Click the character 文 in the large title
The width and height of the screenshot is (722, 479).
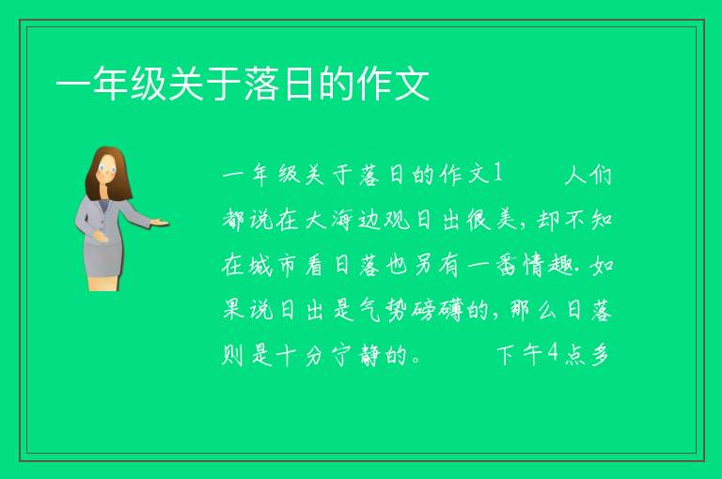(x=411, y=84)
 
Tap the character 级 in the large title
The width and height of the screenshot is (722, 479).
(x=149, y=84)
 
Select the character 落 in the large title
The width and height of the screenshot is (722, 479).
(x=261, y=84)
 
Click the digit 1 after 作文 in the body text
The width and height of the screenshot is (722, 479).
(x=497, y=174)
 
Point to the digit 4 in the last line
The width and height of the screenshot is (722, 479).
(x=552, y=353)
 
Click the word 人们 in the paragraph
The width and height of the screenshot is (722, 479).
(x=589, y=175)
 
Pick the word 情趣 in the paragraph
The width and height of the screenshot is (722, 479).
(x=548, y=265)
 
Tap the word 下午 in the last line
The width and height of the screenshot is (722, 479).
(x=519, y=355)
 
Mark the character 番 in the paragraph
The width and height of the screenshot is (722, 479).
(x=507, y=265)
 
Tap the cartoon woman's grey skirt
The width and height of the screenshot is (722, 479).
(x=103, y=258)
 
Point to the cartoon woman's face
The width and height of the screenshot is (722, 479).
(x=107, y=168)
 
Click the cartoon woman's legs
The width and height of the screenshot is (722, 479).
(x=103, y=283)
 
